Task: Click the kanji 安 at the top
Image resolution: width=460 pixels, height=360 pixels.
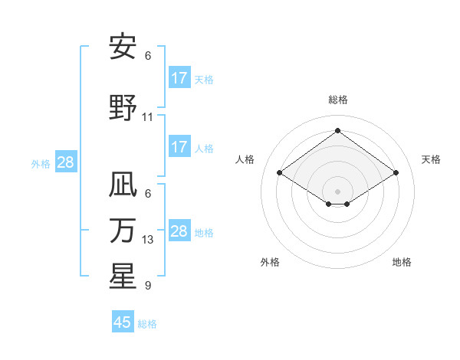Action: tap(122, 47)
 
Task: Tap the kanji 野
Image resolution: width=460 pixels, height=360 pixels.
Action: tap(122, 108)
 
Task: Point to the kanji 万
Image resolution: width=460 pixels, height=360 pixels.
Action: tap(122, 231)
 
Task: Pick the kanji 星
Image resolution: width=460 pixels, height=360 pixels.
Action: tap(122, 277)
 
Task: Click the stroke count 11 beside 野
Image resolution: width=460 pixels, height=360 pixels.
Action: tap(148, 117)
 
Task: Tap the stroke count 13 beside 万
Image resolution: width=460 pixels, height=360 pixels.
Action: tap(148, 240)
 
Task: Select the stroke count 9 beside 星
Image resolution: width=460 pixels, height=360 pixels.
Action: tap(148, 286)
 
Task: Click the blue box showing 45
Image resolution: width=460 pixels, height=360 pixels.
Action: tap(123, 322)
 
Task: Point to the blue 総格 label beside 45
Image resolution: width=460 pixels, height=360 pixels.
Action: tap(147, 324)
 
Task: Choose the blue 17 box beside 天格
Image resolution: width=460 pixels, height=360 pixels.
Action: tap(179, 77)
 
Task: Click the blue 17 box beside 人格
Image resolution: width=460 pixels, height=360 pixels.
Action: tap(179, 146)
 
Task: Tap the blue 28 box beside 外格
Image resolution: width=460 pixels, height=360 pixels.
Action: tap(65, 162)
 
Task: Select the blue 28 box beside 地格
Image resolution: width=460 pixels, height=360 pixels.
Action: tap(179, 231)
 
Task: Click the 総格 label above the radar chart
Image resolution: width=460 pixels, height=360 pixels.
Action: tap(337, 100)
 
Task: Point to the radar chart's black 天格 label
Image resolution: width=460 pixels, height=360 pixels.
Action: tap(431, 159)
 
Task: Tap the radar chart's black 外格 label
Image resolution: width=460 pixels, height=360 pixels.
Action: tap(270, 262)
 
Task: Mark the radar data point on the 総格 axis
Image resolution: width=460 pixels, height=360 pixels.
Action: tap(337, 130)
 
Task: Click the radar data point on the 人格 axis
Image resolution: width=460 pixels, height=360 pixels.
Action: tap(279, 173)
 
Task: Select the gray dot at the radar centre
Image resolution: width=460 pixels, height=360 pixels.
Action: tap(337, 190)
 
